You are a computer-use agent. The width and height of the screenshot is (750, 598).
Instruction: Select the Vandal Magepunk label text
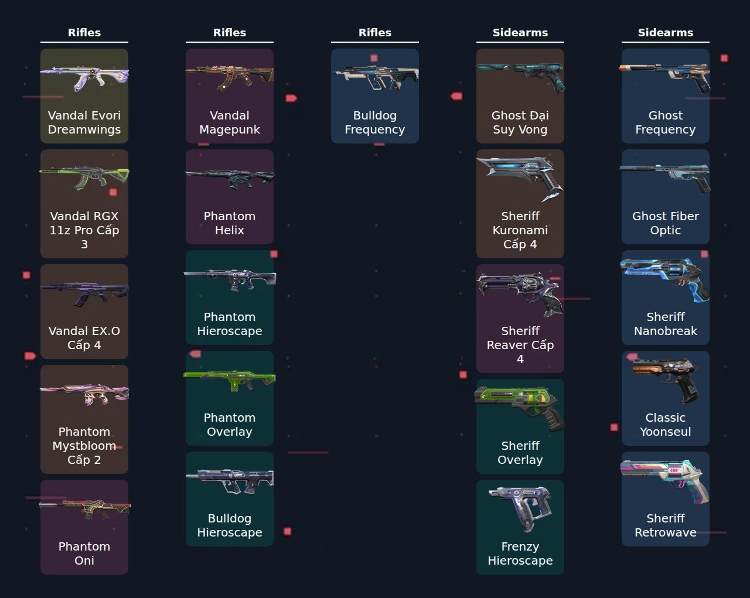click(x=229, y=122)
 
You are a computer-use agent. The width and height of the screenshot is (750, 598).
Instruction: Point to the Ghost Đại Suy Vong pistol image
click(x=520, y=77)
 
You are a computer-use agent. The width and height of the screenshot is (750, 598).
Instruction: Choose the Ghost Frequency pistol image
click(x=665, y=77)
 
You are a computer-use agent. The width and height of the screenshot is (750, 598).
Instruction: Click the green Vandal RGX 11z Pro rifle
click(x=84, y=179)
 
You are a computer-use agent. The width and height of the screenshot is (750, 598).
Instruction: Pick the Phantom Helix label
click(x=229, y=223)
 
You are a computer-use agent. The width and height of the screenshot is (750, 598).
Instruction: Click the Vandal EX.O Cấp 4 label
click(x=84, y=338)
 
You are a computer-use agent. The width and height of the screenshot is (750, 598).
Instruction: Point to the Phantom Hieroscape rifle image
click(x=230, y=279)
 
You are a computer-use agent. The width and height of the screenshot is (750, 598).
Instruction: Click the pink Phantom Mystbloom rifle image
click(x=84, y=394)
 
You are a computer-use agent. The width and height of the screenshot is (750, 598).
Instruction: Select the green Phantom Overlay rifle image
click(x=230, y=381)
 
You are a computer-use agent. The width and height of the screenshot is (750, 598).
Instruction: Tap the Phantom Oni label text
click(x=84, y=553)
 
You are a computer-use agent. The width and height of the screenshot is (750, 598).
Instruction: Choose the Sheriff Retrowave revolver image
click(x=665, y=481)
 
